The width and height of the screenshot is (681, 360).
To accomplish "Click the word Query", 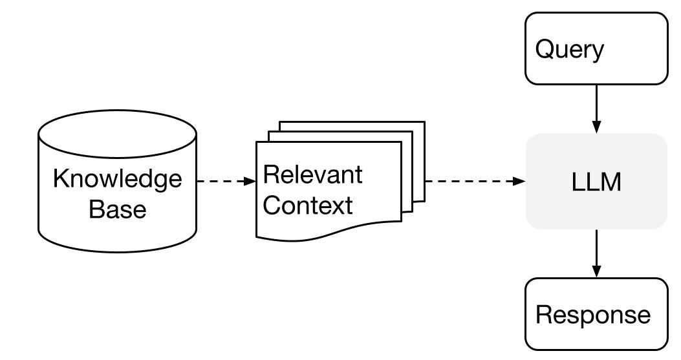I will (x=569, y=49).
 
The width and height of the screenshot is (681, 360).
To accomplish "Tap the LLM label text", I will (x=596, y=182).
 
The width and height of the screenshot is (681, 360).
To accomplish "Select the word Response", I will (x=593, y=315).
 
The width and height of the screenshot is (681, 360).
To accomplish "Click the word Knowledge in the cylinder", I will (x=117, y=178).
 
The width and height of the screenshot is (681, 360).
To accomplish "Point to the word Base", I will (x=117, y=209).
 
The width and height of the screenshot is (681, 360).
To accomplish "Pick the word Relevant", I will (x=313, y=175).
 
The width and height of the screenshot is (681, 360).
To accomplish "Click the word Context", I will (x=308, y=206).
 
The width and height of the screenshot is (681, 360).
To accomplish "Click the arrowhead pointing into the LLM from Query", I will (x=596, y=129).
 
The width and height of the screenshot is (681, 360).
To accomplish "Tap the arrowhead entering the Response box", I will (x=596, y=273).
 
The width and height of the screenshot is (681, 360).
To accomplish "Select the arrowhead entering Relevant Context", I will (x=250, y=182).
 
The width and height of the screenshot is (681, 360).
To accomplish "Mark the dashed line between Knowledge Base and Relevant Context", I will (x=220, y=182).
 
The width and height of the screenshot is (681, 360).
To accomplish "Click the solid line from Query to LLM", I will (x=596, y=103).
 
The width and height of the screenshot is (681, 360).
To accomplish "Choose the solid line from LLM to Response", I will (x=596, y=249).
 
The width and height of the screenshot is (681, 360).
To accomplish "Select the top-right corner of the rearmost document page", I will (x=424, y=122).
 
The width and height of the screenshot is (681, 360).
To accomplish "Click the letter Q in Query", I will (x=545, y=49).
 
